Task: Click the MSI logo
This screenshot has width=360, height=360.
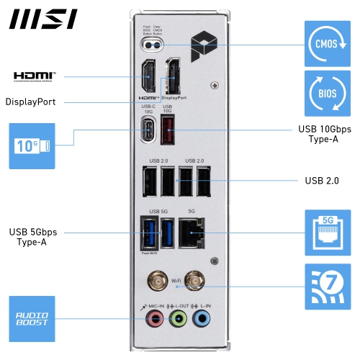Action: point(43,19)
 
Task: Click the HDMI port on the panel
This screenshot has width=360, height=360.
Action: point(148,78)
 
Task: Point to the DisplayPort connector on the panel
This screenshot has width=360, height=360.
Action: point(174,78)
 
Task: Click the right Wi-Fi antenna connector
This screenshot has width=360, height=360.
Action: point(194,281)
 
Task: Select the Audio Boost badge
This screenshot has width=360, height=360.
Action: point(32,318)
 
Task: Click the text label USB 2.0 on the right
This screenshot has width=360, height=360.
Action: point(321,180)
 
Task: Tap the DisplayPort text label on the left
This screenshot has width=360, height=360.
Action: point(30,102)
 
